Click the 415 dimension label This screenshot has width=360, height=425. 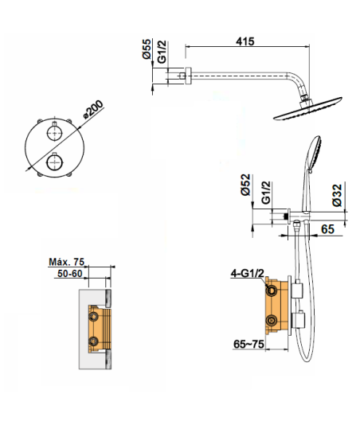pos(245,41)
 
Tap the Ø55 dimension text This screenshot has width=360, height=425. pos(147,49)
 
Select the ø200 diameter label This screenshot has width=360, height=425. pos(93,109)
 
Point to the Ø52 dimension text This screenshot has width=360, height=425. pos(245,185)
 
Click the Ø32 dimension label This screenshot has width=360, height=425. pos(338,196)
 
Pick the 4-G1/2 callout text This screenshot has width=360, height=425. pos(247,274)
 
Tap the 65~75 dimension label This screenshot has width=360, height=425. pos(248,345)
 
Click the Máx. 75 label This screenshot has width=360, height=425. pos(67,262)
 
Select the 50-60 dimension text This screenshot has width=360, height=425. pos(70,274)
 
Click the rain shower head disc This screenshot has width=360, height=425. pos(307,108)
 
